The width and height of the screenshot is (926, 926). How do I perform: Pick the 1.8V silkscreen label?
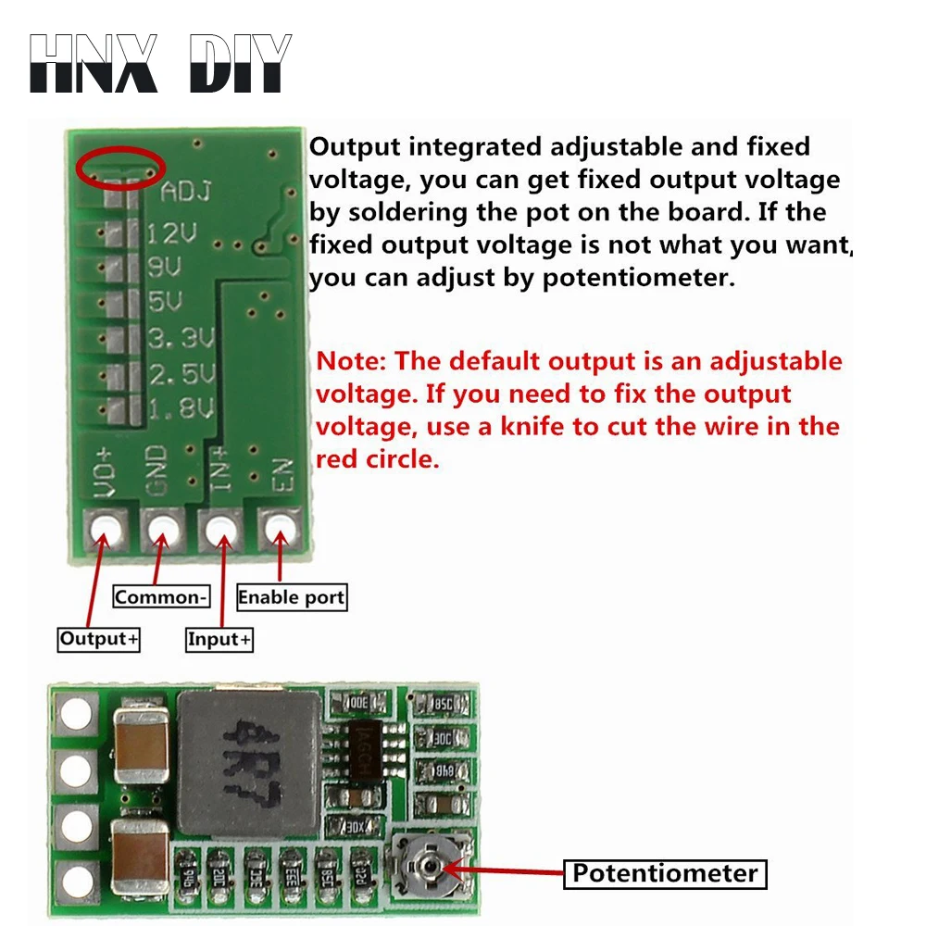182,409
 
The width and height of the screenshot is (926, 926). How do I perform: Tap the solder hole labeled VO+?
104,530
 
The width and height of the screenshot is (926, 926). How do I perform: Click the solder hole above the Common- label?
162,530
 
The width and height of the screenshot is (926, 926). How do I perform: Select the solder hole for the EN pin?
278,530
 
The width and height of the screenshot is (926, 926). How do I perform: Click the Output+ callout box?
98,639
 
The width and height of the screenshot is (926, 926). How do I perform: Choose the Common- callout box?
160,597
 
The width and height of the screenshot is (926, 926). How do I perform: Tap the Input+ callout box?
219,639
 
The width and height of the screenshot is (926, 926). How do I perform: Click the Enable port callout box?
292,597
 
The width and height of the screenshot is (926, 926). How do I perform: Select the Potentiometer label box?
666,873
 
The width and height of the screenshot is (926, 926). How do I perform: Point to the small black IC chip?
368,750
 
